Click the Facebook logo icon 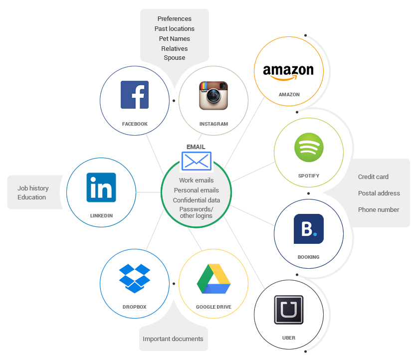click(x=135, y=95)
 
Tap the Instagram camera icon click(x=213, y=95)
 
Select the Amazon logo click(x=288, y=72)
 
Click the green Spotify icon click(x=309, y=147)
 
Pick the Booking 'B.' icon click(x=308, y=229)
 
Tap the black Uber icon click(x=288, y=310)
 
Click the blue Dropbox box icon click(x=135, y=278)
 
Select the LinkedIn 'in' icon click(x=101, y=187)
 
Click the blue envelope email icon click(x=196, y=161)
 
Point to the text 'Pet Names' click(x=174, y=38)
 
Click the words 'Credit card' click(x=373, y=177)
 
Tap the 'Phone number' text click(x=378, y=209)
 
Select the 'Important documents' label click(x=173, y=339)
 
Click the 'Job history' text click(x=33, y=188)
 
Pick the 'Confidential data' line click(x=196, y=200)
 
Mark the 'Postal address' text click(x=379, y=193)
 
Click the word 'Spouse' click(x=174, y=57)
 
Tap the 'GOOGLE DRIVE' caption click(x=213, y=307)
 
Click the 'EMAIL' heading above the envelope click(x=196, y=147)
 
